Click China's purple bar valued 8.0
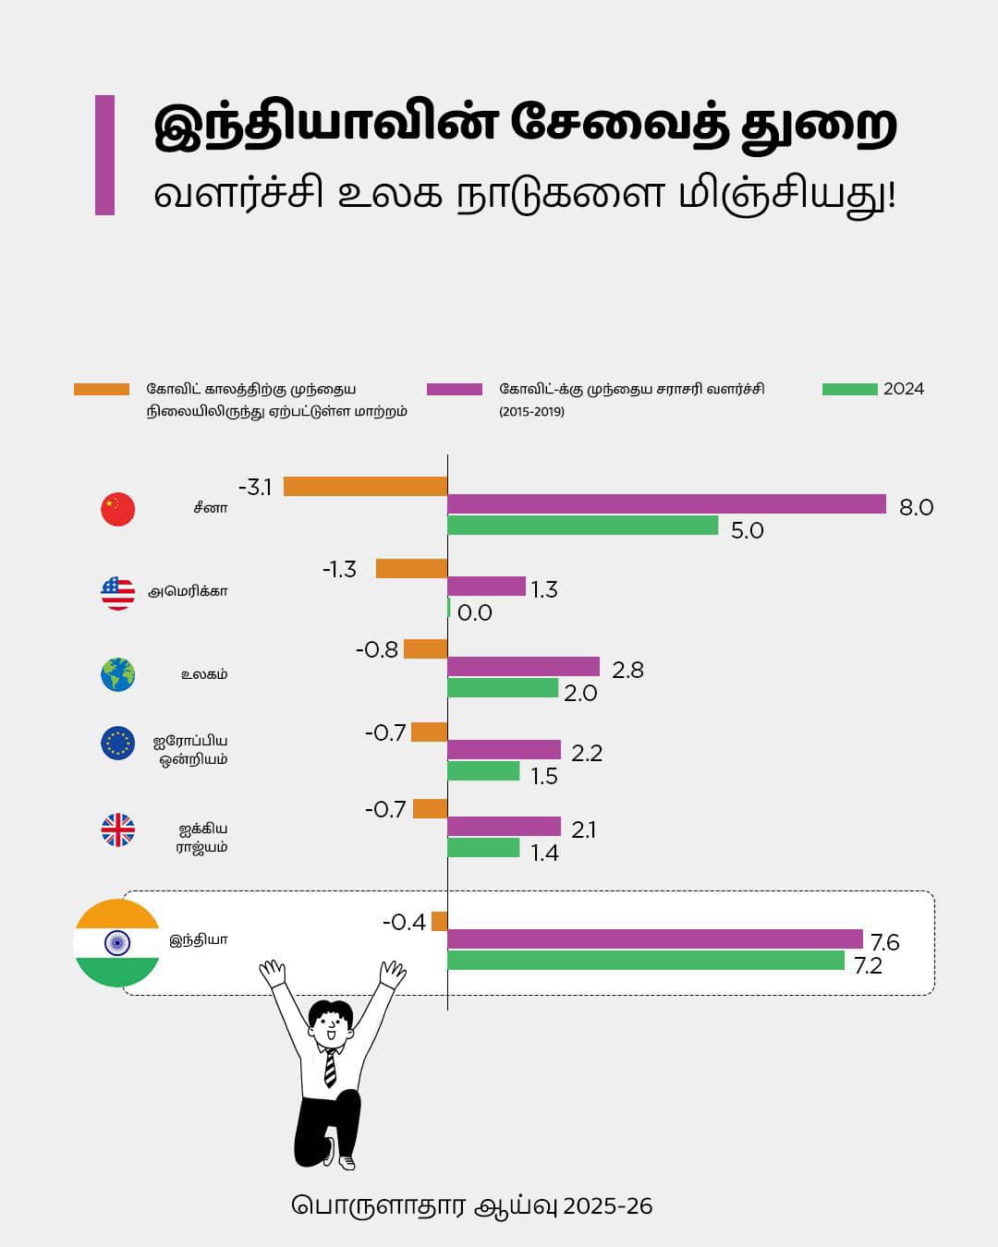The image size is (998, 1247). tap(666, 504)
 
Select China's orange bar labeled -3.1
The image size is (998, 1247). tap(365, 487)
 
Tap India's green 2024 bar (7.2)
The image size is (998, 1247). tap(646, 961)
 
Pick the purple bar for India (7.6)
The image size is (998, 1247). tap(655, 939)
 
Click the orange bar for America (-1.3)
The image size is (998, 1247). tap(411, 569)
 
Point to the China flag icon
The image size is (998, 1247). tap(118, 509)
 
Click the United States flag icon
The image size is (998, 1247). tap(118, 592)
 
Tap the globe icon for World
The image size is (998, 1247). tap(118, 674)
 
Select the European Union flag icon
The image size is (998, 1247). tap(118, 744)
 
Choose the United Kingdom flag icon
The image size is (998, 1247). tap(118, 830)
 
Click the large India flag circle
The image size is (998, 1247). tap(116, 942)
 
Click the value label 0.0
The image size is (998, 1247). tap(475, 613)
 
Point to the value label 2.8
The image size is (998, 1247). tap(627, 671)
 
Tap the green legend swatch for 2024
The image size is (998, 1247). tap(849, 390)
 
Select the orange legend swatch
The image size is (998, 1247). tap(102, 390)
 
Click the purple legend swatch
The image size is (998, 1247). tap(455, 390)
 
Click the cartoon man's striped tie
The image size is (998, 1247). tap(330, 1068)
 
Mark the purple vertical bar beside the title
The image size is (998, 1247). tap(104, 155)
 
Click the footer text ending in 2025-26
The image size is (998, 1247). tap(472, 1206)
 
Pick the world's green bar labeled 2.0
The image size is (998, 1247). tap(503, 688)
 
